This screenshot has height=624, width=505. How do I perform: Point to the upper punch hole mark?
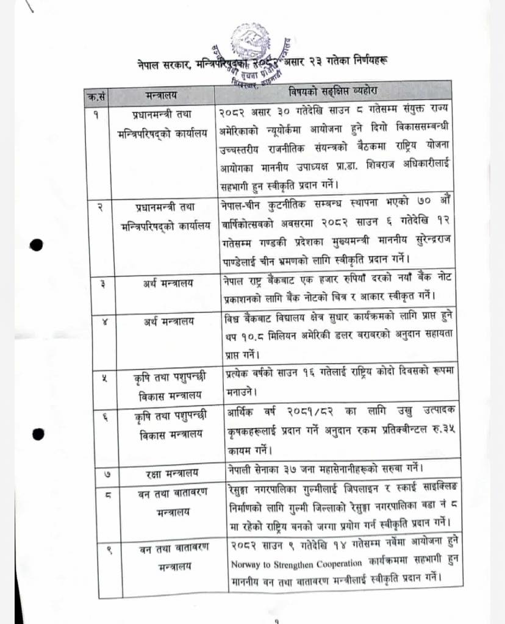37,245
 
